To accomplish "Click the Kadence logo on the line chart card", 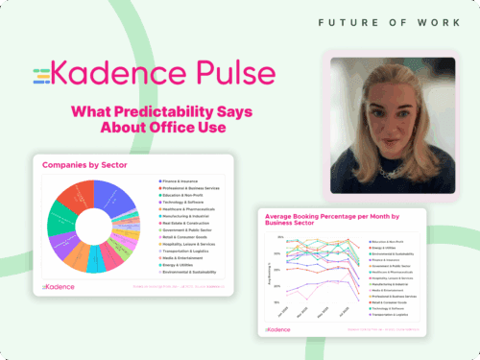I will pos(279,328).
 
